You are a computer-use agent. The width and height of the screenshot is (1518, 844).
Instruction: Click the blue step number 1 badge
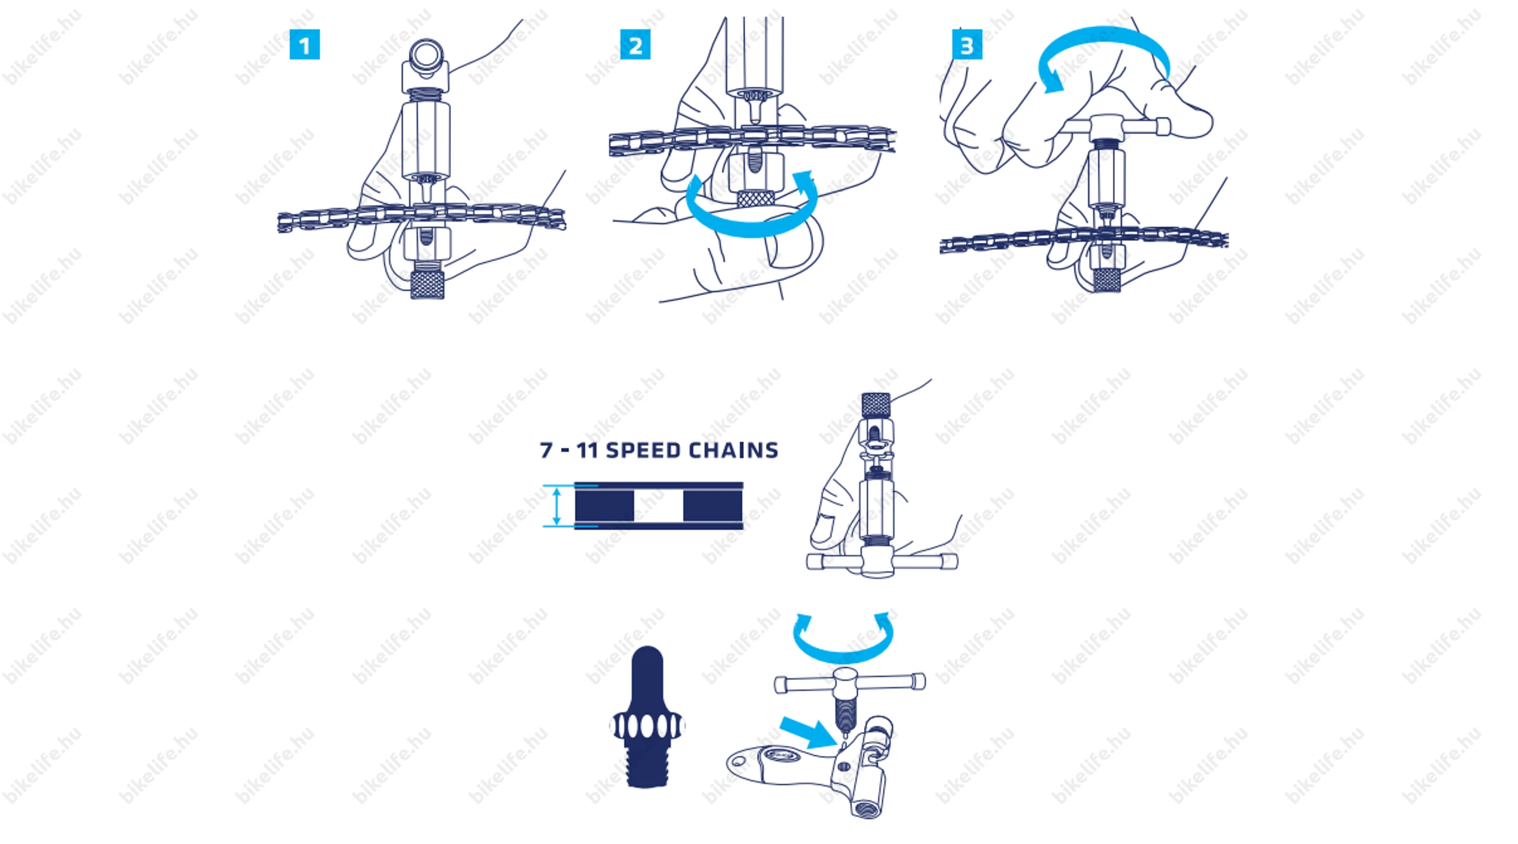(x=304, y=45)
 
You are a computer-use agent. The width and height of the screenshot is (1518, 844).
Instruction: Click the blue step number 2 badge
(x=635, y=45)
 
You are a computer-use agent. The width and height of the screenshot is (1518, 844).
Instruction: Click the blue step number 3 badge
(x=967, y=45)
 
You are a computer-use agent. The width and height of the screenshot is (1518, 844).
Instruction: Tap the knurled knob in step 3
(x=1107, y=280)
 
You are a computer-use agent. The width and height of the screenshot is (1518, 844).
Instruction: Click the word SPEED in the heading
(x=643, y=450)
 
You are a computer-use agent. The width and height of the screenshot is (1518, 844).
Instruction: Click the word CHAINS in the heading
(x=734, y=450)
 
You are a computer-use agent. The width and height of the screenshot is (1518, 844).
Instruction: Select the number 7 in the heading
(x=546, y=450)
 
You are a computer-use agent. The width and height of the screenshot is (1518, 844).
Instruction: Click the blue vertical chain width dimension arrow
(x=557, y=506)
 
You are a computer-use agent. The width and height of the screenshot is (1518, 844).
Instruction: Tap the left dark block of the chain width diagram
(x=604, y=506)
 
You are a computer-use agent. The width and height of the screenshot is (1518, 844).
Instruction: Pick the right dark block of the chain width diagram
(x=713, y=506)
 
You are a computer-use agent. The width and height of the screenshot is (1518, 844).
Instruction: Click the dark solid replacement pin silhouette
(x=646, y=717)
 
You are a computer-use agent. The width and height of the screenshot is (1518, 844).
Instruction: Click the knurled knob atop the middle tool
(x=876, y=405)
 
